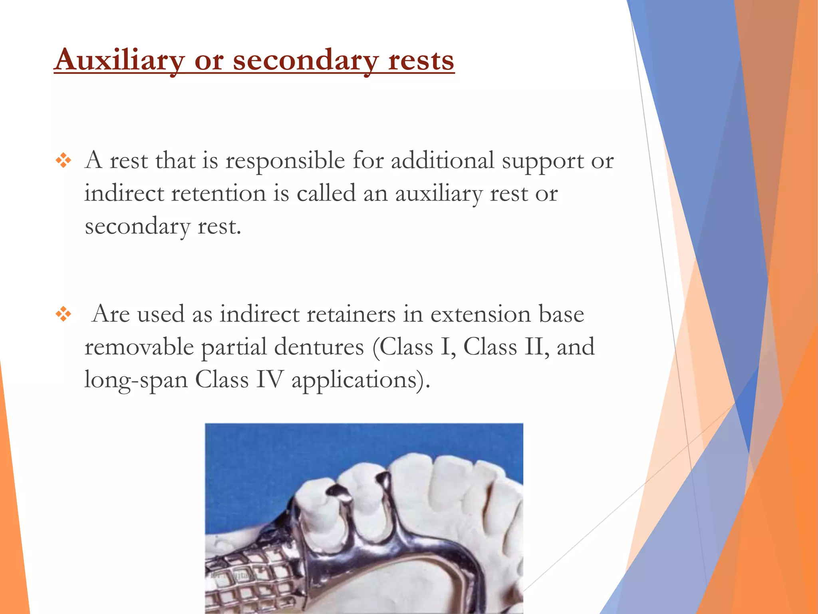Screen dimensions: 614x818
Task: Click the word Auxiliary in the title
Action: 119,60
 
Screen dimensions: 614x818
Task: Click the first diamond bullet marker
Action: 64,161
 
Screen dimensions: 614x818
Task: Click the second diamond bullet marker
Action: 64,314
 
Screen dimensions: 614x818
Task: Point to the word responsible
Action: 285,161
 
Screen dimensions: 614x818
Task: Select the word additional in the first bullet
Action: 443,160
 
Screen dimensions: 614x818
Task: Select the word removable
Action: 139,347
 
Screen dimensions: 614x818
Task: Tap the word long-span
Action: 136,380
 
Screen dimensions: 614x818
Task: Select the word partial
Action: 234,347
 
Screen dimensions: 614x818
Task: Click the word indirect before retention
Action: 124,193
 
